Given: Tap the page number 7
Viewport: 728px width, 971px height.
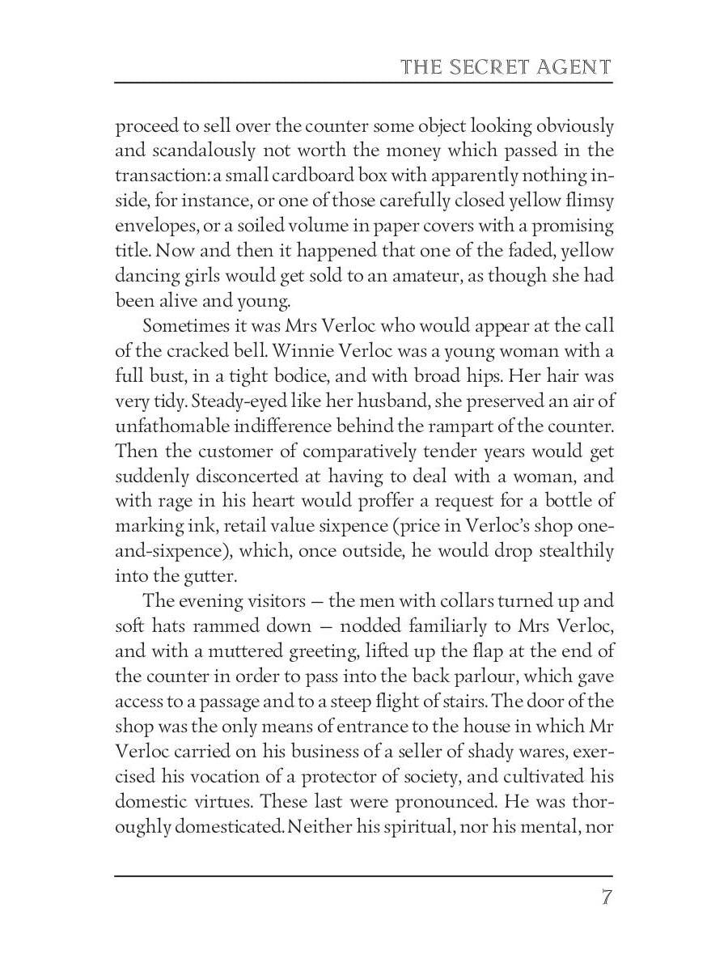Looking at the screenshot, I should tap(606, 897).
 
